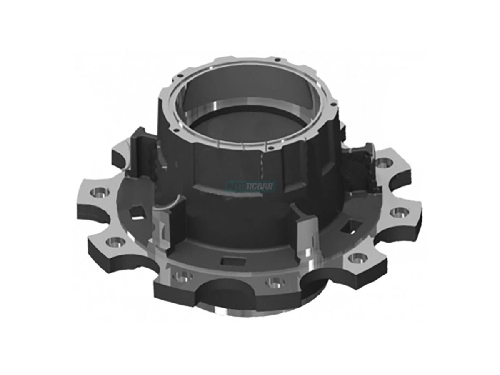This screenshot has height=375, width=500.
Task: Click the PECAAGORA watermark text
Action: pyautogui.click(x=250, y=186)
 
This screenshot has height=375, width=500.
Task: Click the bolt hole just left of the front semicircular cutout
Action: pyautogui.click(x=182, y=276)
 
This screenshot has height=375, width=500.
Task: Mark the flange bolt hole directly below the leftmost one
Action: pyautogui.click(x=115, y=241)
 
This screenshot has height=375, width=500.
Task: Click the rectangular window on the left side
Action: pyautogui.click(x=137, y=213)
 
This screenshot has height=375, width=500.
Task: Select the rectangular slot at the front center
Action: pyautogui.click(x=231, y=261)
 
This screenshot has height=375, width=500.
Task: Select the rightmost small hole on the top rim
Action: pyautogui.click(x=335, y=101)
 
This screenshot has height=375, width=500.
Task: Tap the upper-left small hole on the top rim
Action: pyautogui.click(x=178, y=76)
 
